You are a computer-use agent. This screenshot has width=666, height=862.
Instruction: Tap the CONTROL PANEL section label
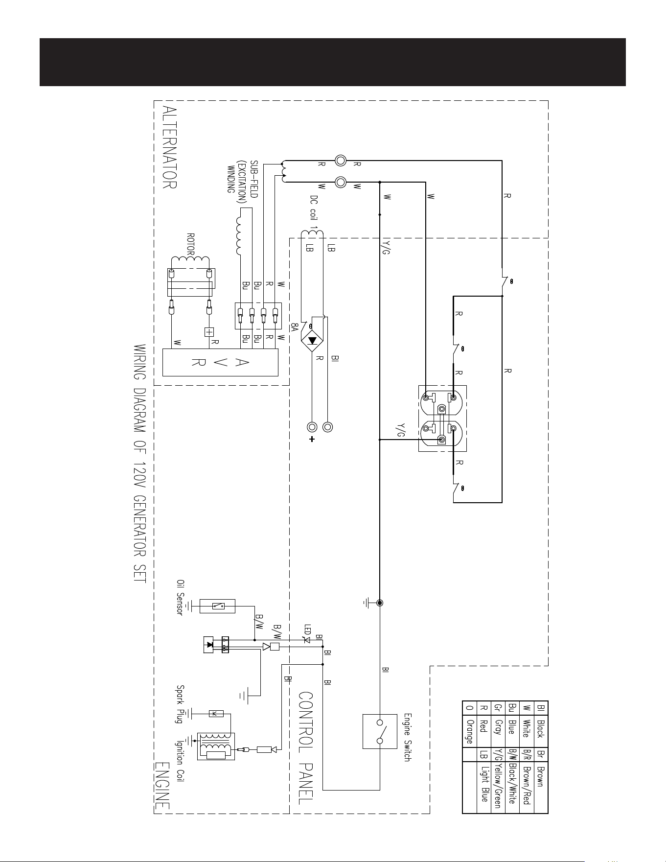(x=306, y=747)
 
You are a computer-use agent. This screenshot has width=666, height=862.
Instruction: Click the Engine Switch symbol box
(x=380, y=731)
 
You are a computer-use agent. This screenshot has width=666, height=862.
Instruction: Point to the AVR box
(x=220, y=362)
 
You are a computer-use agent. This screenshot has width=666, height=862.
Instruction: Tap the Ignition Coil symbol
(x=216, y=746)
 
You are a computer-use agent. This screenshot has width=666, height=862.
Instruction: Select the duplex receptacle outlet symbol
(x=442, y=419)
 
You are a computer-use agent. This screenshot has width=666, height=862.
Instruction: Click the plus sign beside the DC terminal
(x=312, y=439)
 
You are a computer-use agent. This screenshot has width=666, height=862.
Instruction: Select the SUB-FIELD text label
(x=254, y=179)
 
